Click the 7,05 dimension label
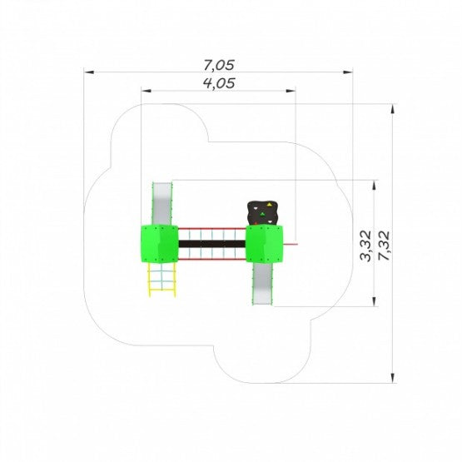click(x=219, y=65)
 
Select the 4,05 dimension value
click(x=219, y=83)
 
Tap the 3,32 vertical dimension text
click(x=365, y=246)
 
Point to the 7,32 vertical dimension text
click(x=385, y=246)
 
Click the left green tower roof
click(x=159, y=244)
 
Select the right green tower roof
click(x=264, y=244)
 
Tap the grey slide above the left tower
click(x=162, y=204)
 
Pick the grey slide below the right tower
click(x=262, y=284)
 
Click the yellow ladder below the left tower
click(x=161, y=280)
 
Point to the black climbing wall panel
click(x=263, y=213)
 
